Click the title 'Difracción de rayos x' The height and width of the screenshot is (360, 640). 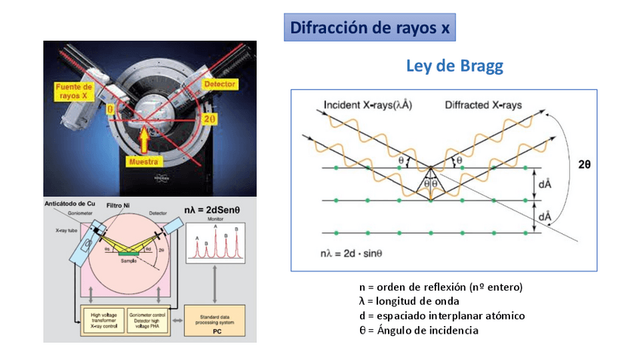point(370,28)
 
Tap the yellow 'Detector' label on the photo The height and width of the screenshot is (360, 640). point(220,84)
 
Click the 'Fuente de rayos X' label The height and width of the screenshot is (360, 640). point(74,92)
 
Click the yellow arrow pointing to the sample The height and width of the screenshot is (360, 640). point(145,138)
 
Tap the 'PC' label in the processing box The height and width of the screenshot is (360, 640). point(216,331)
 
